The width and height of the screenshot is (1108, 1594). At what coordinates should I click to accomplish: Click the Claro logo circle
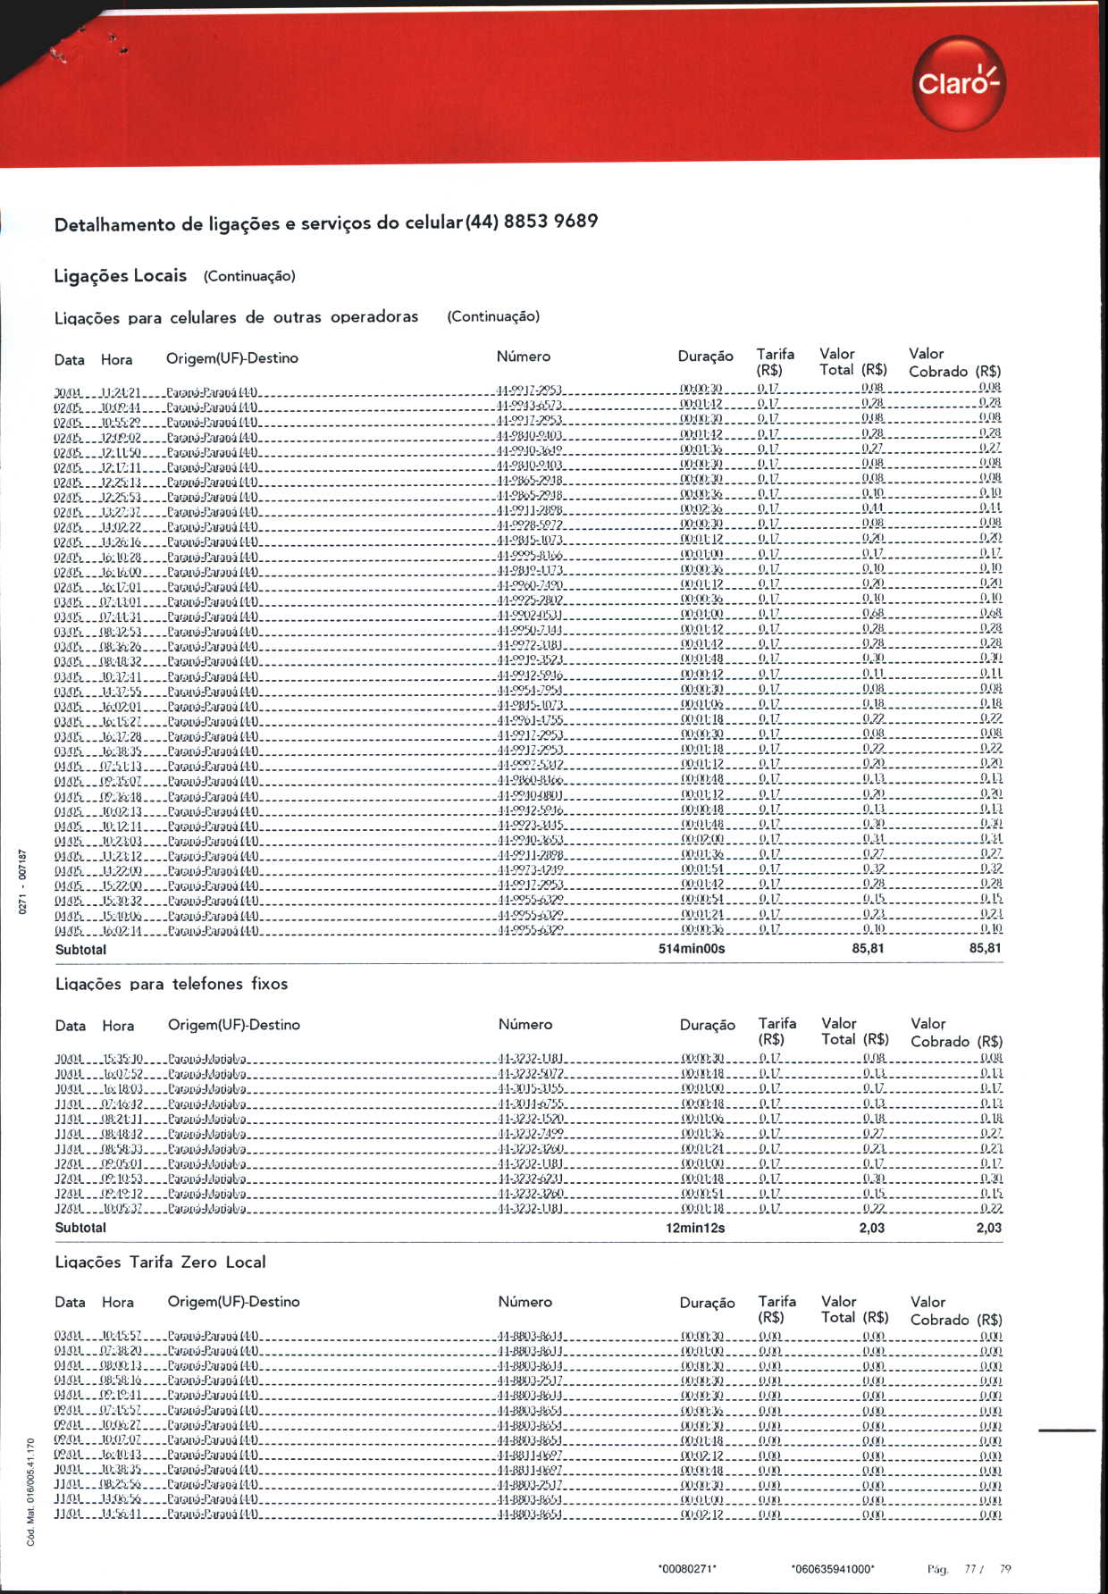pos(959,83)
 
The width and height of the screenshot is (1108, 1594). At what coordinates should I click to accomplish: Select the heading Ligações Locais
pos(121,275)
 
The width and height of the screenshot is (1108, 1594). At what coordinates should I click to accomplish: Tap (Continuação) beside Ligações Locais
pos(249,276)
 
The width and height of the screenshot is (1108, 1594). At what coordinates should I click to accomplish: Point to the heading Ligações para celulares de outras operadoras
pos(236,317)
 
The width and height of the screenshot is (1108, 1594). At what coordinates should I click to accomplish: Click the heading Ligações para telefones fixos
pos(172,984)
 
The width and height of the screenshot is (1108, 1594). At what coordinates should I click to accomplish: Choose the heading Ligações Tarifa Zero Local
pos(161,1262)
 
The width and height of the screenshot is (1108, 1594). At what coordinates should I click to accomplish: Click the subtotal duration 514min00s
pos(692,949)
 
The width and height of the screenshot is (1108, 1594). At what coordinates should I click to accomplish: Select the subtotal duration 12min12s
pos(695,1228)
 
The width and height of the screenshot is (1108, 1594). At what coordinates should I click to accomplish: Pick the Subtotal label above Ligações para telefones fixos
pos(80,950)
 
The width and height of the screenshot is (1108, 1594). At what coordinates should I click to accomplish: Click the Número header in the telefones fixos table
pos(525,1025)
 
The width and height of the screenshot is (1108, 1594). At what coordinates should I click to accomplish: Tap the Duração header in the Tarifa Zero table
pos(707,1303)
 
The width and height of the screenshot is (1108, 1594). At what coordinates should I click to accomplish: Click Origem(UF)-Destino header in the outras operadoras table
pos(232,358)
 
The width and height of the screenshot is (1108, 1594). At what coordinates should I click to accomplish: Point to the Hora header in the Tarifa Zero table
pos(118,1303)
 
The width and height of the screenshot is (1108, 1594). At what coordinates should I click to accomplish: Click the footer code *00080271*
pos(687,1569)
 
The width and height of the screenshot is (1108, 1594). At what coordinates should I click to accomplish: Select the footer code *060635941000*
pos(833,1569)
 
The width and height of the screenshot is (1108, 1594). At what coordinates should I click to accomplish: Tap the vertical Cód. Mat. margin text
pos(30,1491)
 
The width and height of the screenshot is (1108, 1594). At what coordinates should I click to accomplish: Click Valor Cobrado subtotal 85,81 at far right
pos(985,948)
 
